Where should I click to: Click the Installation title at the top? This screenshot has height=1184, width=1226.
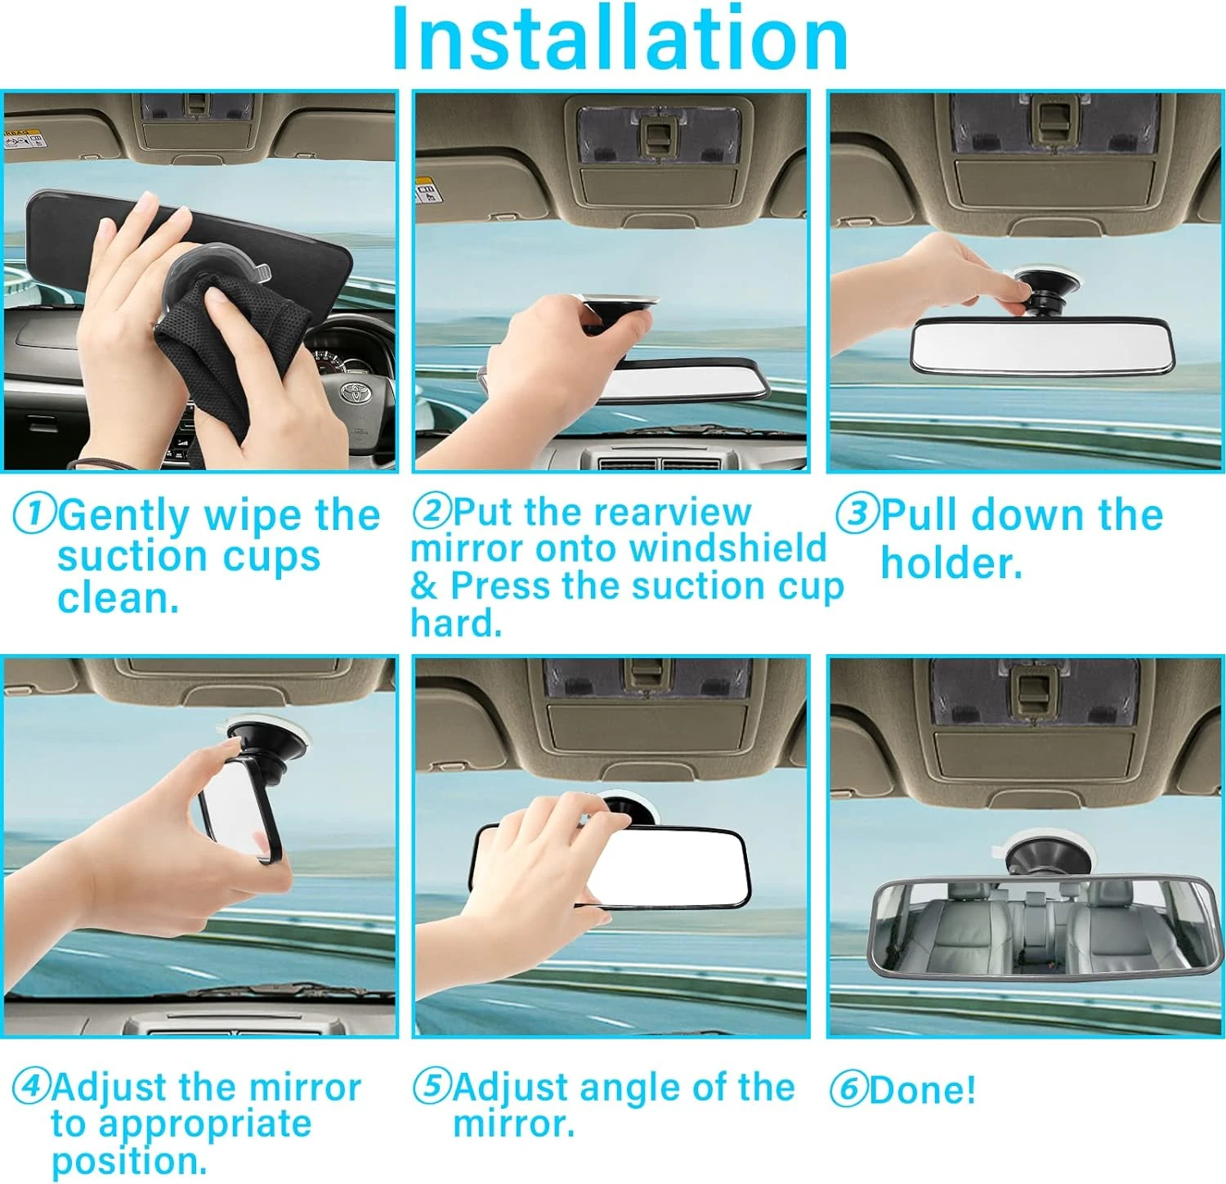click(x=620, y=39)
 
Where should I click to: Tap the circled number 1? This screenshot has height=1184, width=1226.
click(x=34, y=515)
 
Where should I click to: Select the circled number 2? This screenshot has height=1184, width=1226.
click(x=432, y=510)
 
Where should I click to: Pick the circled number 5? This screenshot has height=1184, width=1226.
click(x=432, y=1086)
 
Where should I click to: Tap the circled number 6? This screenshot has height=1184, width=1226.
click(x=849, y=1089)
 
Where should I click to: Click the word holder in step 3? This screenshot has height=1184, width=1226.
click(x=951, y=563)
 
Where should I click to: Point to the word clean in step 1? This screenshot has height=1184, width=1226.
click(x=118, y=598)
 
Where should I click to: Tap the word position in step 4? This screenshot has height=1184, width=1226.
click(x=129, y=1161)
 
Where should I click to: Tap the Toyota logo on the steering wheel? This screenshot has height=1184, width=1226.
click(x=356, y=392)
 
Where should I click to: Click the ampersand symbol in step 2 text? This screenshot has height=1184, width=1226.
click(x=424, y=586)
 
